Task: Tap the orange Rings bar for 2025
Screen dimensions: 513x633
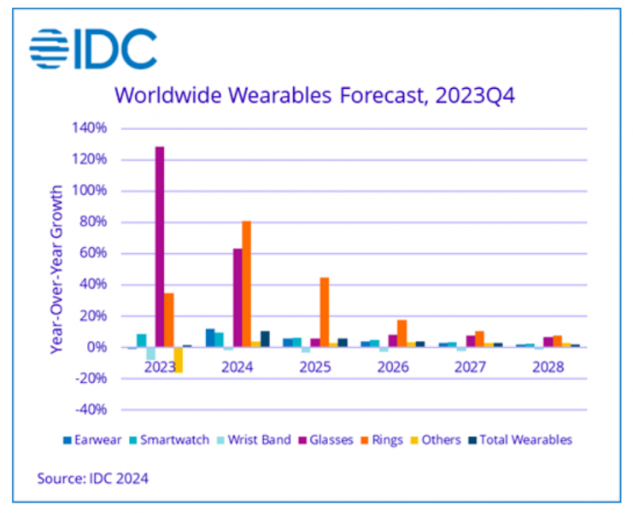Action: [x=325, y=312]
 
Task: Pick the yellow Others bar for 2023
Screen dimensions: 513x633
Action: [x=179, y=359]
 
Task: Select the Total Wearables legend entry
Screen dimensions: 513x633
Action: [x=521, y=439]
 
